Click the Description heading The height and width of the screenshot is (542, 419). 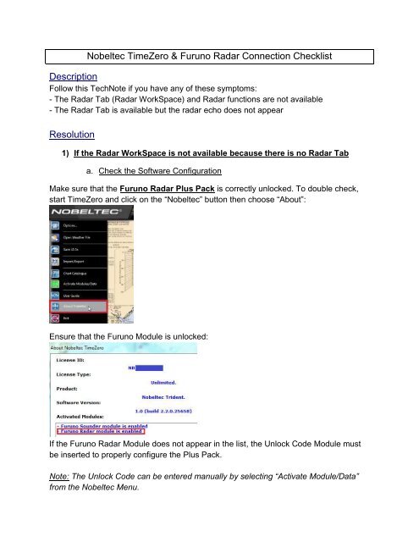click(x=70, y=75)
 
